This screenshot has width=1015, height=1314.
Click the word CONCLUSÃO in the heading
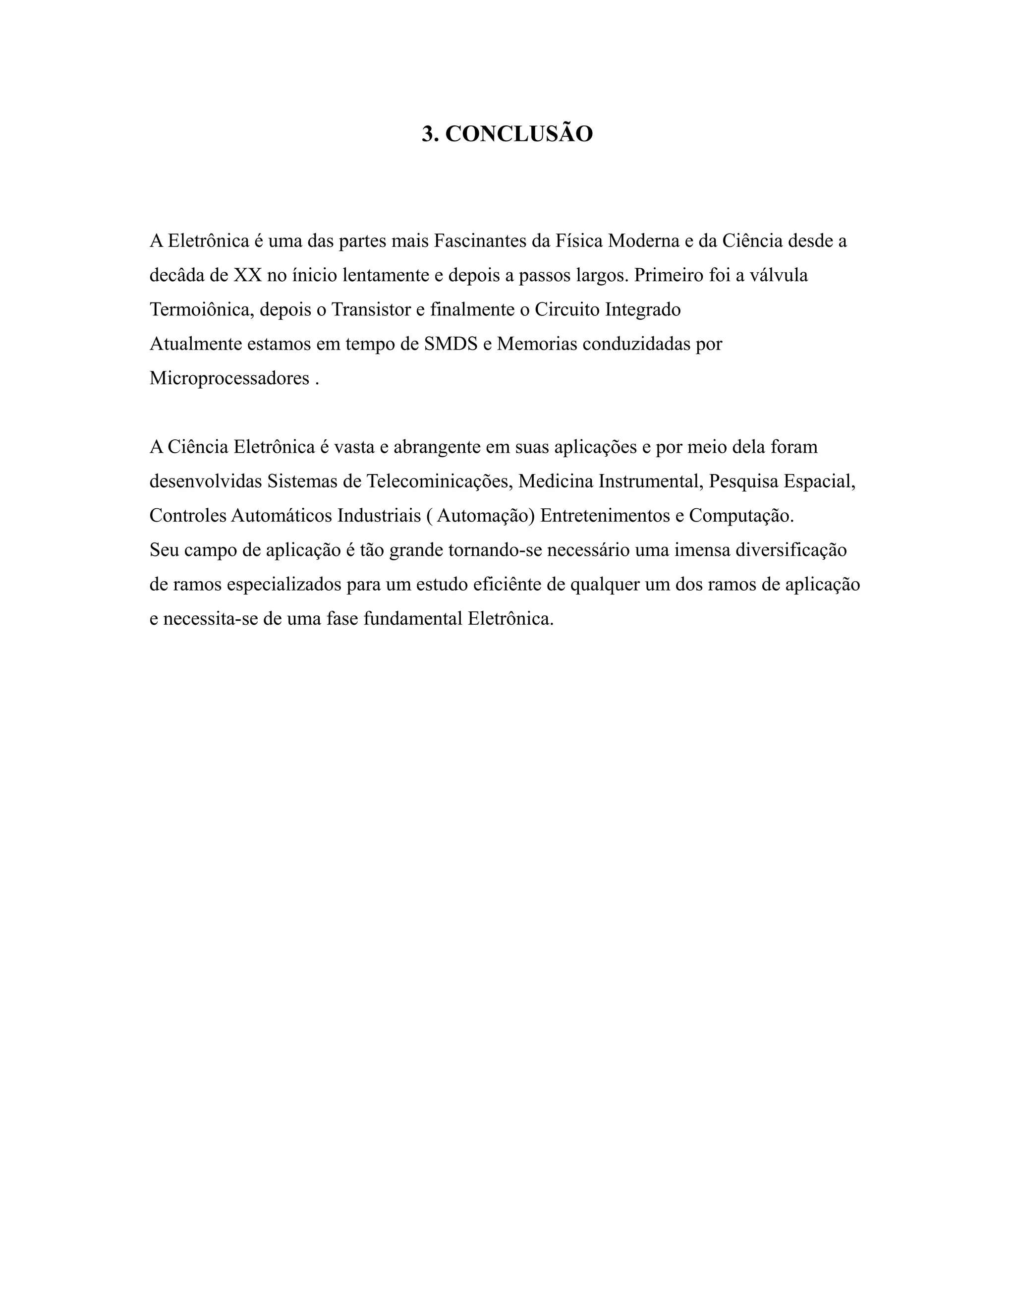519,134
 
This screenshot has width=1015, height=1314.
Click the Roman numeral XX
247,276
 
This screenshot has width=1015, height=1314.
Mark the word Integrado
643,310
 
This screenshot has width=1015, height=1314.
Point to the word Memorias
537,344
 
